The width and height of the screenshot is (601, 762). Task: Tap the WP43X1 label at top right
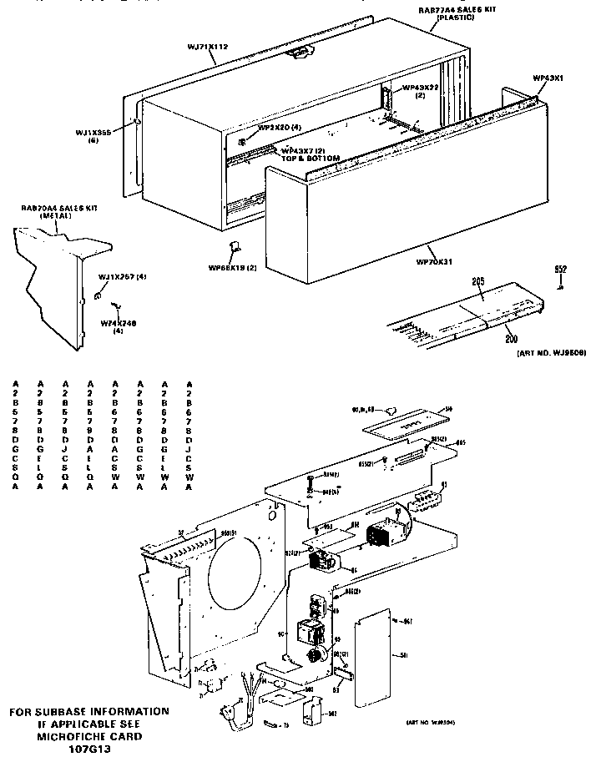548,78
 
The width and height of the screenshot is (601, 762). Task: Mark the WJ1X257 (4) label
122,276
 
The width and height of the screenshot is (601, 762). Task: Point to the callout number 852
561,269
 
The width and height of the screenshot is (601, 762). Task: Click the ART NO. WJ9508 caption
546,352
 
